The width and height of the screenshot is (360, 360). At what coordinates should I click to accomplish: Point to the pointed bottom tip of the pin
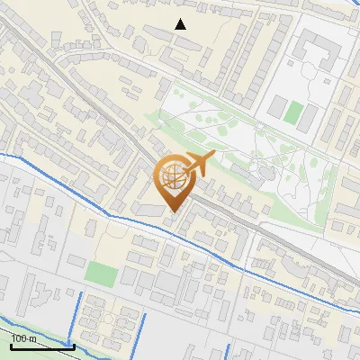click(172, 211)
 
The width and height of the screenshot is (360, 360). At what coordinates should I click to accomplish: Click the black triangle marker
click(181, 24)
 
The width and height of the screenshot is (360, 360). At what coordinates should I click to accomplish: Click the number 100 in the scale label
click(20, 338)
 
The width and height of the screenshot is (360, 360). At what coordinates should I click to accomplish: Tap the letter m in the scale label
click(33, 338)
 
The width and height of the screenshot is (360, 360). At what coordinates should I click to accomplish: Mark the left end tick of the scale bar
click(10, 345)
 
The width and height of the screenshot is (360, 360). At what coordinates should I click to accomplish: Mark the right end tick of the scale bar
click(73, 345)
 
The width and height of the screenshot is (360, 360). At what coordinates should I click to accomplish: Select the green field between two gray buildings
click(293, 112)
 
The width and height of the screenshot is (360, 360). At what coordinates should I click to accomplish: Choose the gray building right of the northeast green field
click(310, 116)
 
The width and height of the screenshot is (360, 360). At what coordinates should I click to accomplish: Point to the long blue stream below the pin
click(216, 253)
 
